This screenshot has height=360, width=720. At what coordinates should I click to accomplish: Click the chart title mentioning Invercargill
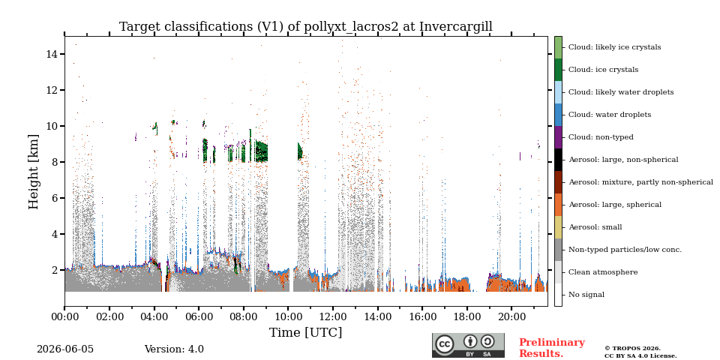point(306,27)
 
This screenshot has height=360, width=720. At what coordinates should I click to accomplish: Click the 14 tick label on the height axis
point(52,54)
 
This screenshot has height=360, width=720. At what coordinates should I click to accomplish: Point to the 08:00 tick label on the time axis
point(243,316)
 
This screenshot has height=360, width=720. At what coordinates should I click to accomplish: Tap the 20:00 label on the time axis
point(512,316)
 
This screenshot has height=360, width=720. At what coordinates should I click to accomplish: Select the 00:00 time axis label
point(64,316)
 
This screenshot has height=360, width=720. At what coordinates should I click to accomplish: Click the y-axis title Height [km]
point(34,172)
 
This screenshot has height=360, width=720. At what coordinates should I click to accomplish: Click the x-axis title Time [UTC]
point(306,332)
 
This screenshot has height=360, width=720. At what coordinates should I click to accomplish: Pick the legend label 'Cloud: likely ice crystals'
point(615,46)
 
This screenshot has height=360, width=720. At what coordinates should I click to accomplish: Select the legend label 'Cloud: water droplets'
point(610,114)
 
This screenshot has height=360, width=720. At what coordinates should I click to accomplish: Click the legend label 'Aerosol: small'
point(595,226)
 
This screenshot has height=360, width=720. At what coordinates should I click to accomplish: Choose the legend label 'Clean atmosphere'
point(603,271)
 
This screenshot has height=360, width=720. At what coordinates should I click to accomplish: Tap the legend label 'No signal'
point(586,294)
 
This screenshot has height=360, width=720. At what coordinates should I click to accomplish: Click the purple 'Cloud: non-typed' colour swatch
point(558,137)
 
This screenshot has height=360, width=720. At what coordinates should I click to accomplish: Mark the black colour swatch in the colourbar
point(558,160)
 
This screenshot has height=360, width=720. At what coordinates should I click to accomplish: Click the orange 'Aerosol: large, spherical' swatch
point(558,205)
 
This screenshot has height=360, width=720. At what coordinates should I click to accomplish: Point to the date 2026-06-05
point(65,349)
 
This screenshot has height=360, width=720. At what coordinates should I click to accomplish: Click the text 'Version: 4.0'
point(174,349)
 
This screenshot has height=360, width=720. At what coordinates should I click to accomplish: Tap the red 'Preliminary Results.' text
point(552,347)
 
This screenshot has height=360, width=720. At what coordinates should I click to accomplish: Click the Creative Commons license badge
point(468,345)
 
